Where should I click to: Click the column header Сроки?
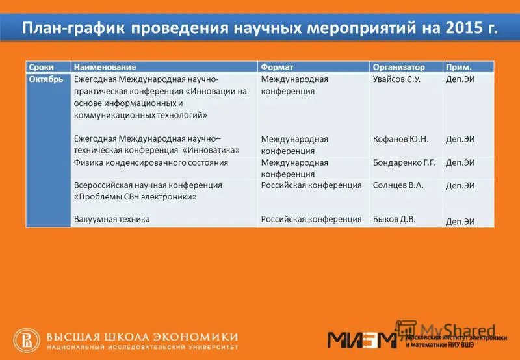(x=40, y=67)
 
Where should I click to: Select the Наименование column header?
(x=105, y=67)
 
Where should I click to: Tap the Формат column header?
(x=277, y=67)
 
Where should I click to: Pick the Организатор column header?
(x=398, y=67)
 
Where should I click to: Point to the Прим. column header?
(x=458, y=67)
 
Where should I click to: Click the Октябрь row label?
(x=45, y=79)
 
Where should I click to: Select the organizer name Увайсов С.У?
(x=397, y=79)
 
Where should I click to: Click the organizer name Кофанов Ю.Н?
(x=400, y=139)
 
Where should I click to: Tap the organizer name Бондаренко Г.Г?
(x=404, y=162)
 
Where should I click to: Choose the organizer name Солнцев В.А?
(x=398, y=185)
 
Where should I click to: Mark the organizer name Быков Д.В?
(x=394, y=219)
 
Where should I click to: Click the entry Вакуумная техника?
(x=112, y=219)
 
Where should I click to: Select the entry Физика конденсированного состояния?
(x=151, y=162)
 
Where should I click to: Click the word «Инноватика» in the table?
(x=213, y=150)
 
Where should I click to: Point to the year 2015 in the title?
(x=465, y=29)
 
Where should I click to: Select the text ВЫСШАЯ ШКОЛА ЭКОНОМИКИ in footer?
(x=142, y=336)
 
